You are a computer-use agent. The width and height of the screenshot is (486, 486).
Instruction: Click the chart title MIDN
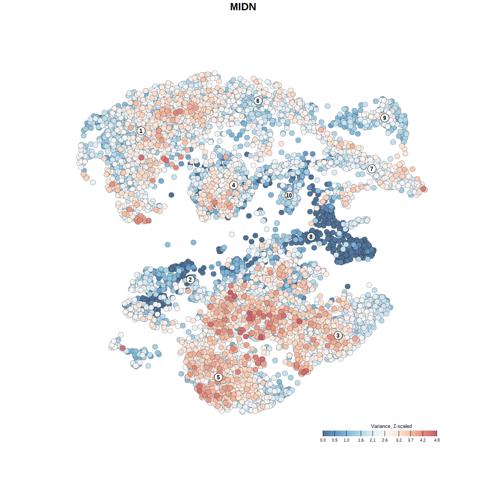coord(243,7)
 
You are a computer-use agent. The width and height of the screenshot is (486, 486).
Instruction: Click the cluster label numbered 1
coord(141,131)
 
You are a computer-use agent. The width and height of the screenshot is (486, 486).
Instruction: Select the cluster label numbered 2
coord(190,280)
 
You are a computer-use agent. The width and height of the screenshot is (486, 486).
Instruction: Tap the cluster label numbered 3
coord(338,335)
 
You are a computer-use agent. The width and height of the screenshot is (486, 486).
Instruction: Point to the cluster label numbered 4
coord(234,185)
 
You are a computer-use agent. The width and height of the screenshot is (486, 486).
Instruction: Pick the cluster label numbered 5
coord(218,377)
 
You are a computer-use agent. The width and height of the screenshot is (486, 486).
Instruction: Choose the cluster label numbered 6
coord(258,101)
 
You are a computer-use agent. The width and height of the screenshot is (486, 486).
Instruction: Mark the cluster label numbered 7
coord(372,169)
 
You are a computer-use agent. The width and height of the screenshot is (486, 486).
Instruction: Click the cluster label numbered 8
coord(311,237)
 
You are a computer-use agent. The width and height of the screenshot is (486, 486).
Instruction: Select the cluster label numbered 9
coord(385,118)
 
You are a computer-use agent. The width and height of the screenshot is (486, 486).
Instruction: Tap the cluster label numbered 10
coord(289,195)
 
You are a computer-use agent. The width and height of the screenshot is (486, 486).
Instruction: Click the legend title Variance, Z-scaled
coord(391,426)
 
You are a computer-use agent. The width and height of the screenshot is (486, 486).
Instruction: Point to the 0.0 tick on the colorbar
coord(323,440)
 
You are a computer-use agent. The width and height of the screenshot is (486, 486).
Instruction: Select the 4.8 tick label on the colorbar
coord(437,440)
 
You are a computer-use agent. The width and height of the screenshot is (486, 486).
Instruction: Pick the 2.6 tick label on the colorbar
coord(385,440)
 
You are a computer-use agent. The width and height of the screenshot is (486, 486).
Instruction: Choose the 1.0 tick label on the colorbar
coord(347,440)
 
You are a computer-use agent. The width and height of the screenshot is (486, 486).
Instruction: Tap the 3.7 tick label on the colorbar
coord(411,440)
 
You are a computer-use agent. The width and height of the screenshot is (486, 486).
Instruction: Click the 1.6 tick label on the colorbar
coord(361,440)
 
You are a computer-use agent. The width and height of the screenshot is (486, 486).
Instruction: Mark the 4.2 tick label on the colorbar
coord(423,440)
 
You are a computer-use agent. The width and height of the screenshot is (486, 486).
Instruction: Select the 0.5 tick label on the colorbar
coord(335,440)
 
